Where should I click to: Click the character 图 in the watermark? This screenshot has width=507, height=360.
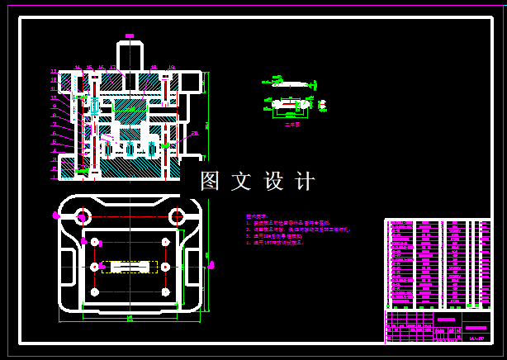click(210, 181)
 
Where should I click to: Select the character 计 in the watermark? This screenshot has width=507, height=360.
click(305, 181)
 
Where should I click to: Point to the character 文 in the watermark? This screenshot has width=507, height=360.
click(241, 181)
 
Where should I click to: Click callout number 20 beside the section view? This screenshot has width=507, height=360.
click(195, 133)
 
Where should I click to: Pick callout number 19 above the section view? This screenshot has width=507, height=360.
click(172, 68)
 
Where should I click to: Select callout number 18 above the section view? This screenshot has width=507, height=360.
click(154, 68)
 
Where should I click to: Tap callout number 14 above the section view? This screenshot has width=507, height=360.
click(78, 68)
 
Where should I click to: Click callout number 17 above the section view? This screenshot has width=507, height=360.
click(112, 68)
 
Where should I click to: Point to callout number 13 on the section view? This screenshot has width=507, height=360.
click(54, 72)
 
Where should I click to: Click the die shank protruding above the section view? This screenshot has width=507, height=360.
click(130, 55)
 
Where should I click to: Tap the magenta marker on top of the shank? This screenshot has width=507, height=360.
click(130, 36)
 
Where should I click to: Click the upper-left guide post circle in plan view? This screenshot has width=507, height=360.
click(83, 217)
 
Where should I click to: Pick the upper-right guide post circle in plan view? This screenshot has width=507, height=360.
click(177, 217)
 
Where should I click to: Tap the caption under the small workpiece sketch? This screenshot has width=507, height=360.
click(292, 125)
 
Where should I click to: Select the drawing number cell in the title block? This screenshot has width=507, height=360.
click(476, 337)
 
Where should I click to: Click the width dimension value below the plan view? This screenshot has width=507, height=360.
click(130, 317)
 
